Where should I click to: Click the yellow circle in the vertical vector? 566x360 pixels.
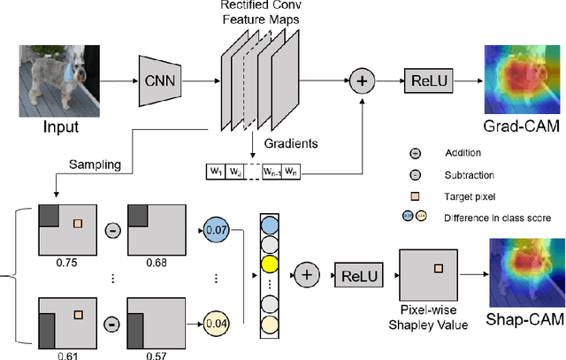(x=269, y=263)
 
